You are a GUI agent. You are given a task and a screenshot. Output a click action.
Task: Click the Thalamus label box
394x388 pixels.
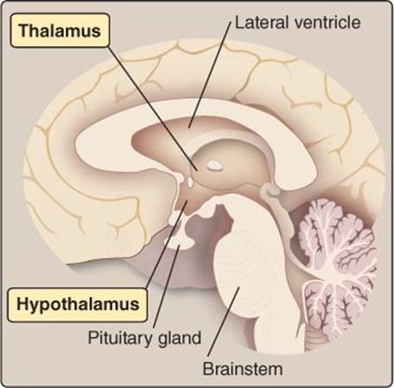tap(60, 30)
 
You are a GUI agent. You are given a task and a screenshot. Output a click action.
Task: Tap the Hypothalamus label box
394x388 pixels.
tap(78, 304)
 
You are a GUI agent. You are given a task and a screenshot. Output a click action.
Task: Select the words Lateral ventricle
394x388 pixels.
tap(298, 22)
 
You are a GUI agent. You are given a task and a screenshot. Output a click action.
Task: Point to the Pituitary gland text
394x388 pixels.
tap(144, 338)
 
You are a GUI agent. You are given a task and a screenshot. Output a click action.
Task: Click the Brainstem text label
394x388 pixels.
tap(243, 369)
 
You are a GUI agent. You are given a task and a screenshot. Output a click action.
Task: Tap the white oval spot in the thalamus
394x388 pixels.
tap(214, 165)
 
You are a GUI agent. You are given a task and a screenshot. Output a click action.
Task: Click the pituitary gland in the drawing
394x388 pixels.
tap(181, 240)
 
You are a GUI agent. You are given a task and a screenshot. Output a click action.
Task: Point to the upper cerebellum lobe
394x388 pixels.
tap(335, 231)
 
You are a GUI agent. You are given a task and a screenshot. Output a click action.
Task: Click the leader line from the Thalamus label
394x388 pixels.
tap(152, 108)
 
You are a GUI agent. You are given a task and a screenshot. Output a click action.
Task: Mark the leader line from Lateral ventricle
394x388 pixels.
tap(210, 74)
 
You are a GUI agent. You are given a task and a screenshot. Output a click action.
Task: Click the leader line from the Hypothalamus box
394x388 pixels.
tap(167, 245)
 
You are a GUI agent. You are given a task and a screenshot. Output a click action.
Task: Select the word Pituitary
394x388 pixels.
tap(121, 338)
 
